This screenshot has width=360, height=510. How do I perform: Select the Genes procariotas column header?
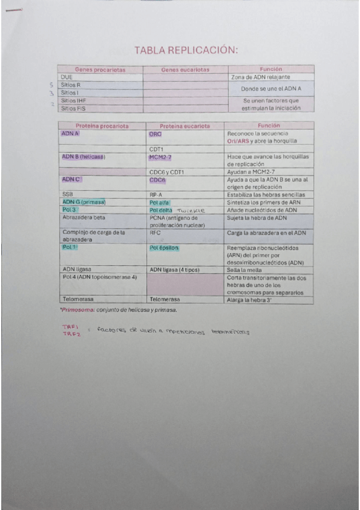(x=100, y=70)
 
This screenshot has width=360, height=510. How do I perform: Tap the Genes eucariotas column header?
(x=185, y=70)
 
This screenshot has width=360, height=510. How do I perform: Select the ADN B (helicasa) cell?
(x=84, y=156)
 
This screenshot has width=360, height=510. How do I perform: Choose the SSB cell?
(x=67, y=194)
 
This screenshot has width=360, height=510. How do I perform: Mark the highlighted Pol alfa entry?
(x=160, y=203)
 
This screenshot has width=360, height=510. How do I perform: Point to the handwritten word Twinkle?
(x=191, y=210)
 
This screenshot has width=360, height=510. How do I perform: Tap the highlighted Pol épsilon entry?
(x=164, y=248)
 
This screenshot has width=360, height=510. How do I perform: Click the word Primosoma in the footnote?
(x=75, y=310)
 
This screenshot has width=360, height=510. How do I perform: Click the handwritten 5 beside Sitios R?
(x=52, y=85)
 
